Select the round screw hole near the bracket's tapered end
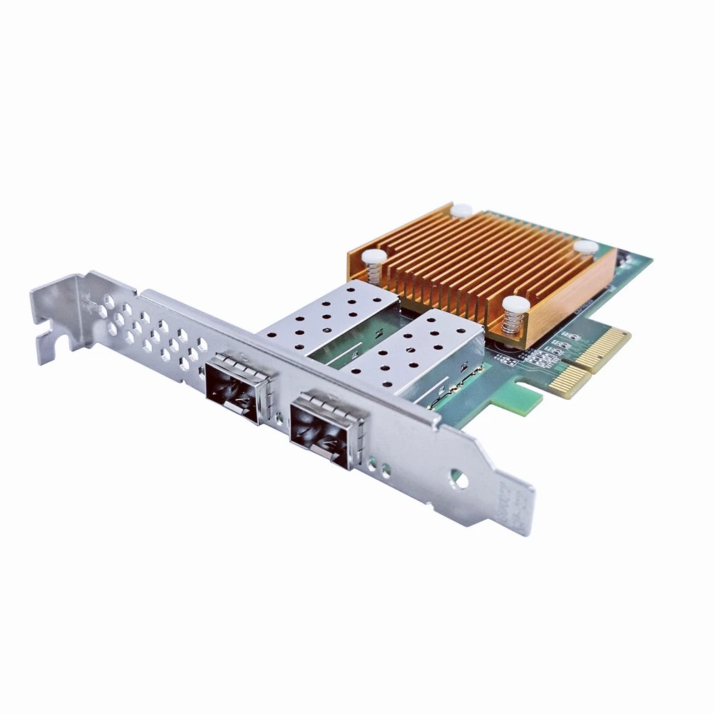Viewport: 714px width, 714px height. point(461,481)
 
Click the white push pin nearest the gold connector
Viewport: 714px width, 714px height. point(516,306)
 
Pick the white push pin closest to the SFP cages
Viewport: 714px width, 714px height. point(374,257)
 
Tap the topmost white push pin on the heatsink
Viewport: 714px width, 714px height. point(461,210)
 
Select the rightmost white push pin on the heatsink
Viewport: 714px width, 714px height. point(585,247)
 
